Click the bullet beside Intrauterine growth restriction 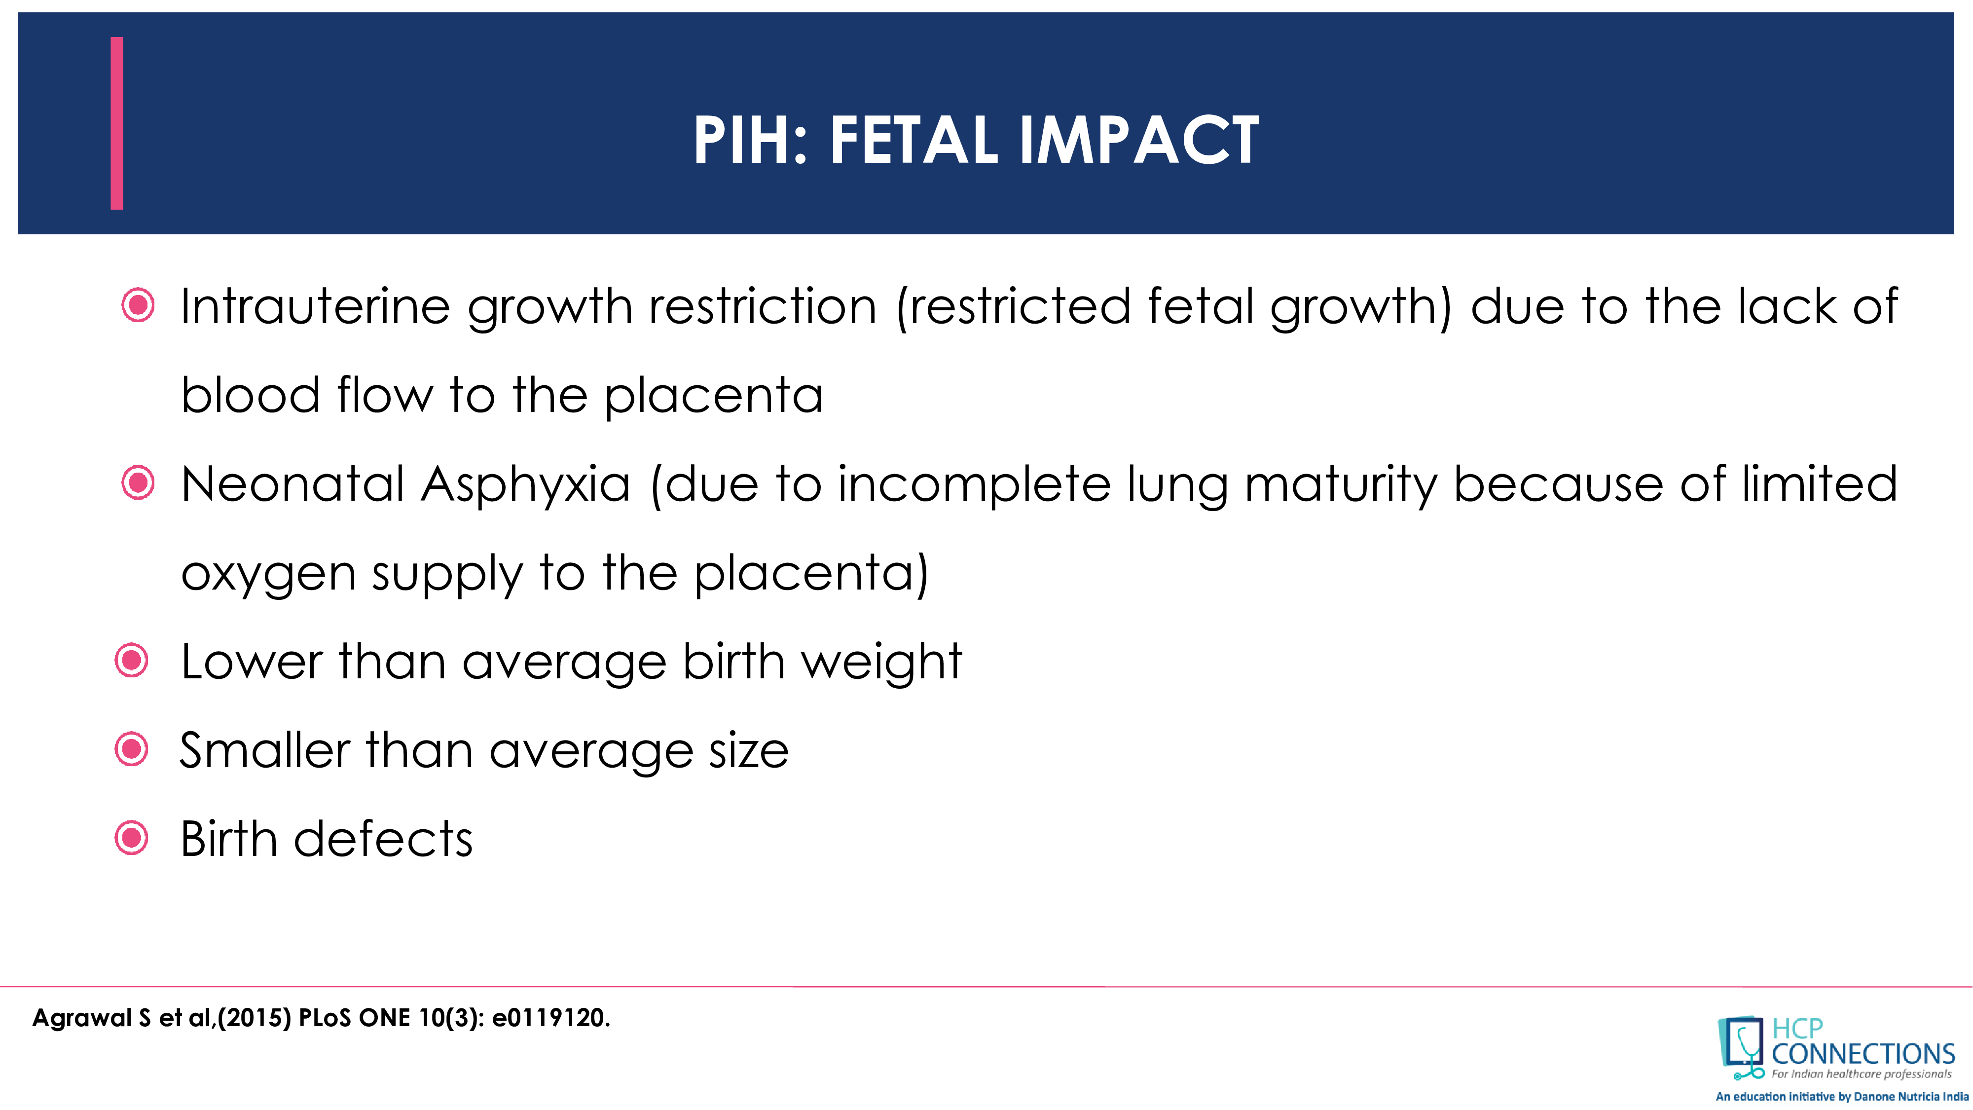138,306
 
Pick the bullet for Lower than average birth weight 131,661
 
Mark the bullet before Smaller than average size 131,749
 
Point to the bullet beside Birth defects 131,838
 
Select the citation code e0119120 550,1018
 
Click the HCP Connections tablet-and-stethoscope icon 1740,1046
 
